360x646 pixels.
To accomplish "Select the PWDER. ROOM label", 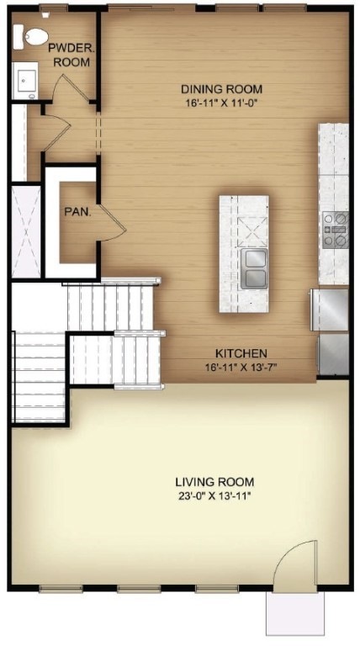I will click(x=71, y=56).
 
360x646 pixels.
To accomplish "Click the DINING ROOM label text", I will click(x=222, y=89).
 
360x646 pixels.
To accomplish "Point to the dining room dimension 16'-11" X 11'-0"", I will click(x=222, y=103).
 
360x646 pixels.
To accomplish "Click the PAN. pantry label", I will click(x=78, y=211).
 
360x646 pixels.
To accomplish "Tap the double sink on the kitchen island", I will click(x=253, y=268).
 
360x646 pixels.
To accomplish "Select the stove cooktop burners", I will click(x=335, y=230).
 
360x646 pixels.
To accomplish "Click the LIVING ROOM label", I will click(x=214, y=482).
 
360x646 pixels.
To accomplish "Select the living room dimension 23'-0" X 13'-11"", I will click(x=214, y=495).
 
